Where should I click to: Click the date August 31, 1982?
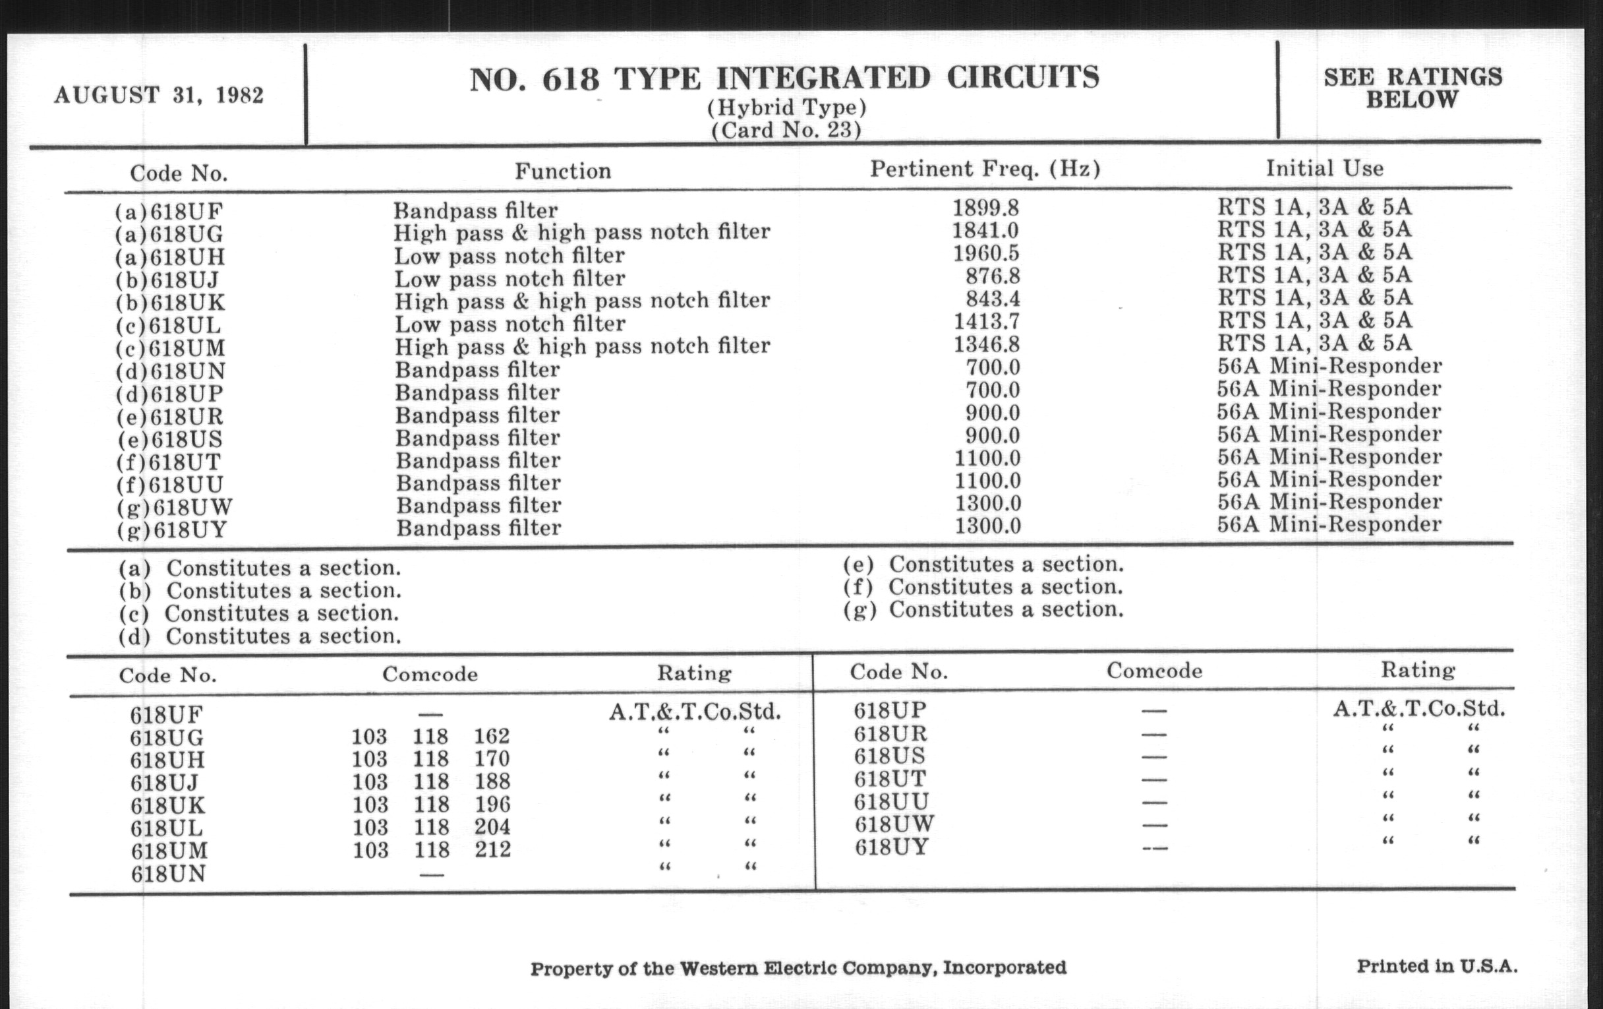(x=158, y=94)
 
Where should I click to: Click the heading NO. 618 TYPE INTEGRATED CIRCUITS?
(x=784, y=78)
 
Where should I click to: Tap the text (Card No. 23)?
(x=786, y=129)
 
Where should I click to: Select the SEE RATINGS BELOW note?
(x=1413, y=88)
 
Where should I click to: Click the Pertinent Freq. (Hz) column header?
(x=985, y=169)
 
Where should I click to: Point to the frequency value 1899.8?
(x=985, y=208)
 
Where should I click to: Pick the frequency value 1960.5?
(x=986, y=253)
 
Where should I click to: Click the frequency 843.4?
(x=993, y=298)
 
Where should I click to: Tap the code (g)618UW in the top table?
(x=175, y=508)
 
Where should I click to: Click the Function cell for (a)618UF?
(x=475, y=210)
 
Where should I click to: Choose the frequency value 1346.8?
(x=987, y=344)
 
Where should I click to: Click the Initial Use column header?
(x=1324, y=168)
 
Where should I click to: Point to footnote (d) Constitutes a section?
(x=260, y=636)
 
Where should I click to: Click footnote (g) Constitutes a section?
(x=983, y=609)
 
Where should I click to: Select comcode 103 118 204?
(x=430, y=827)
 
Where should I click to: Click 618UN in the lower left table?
(x=168, y=874)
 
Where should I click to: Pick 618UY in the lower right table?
(x=890, y=848)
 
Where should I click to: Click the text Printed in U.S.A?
(x=1437, y=965)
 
